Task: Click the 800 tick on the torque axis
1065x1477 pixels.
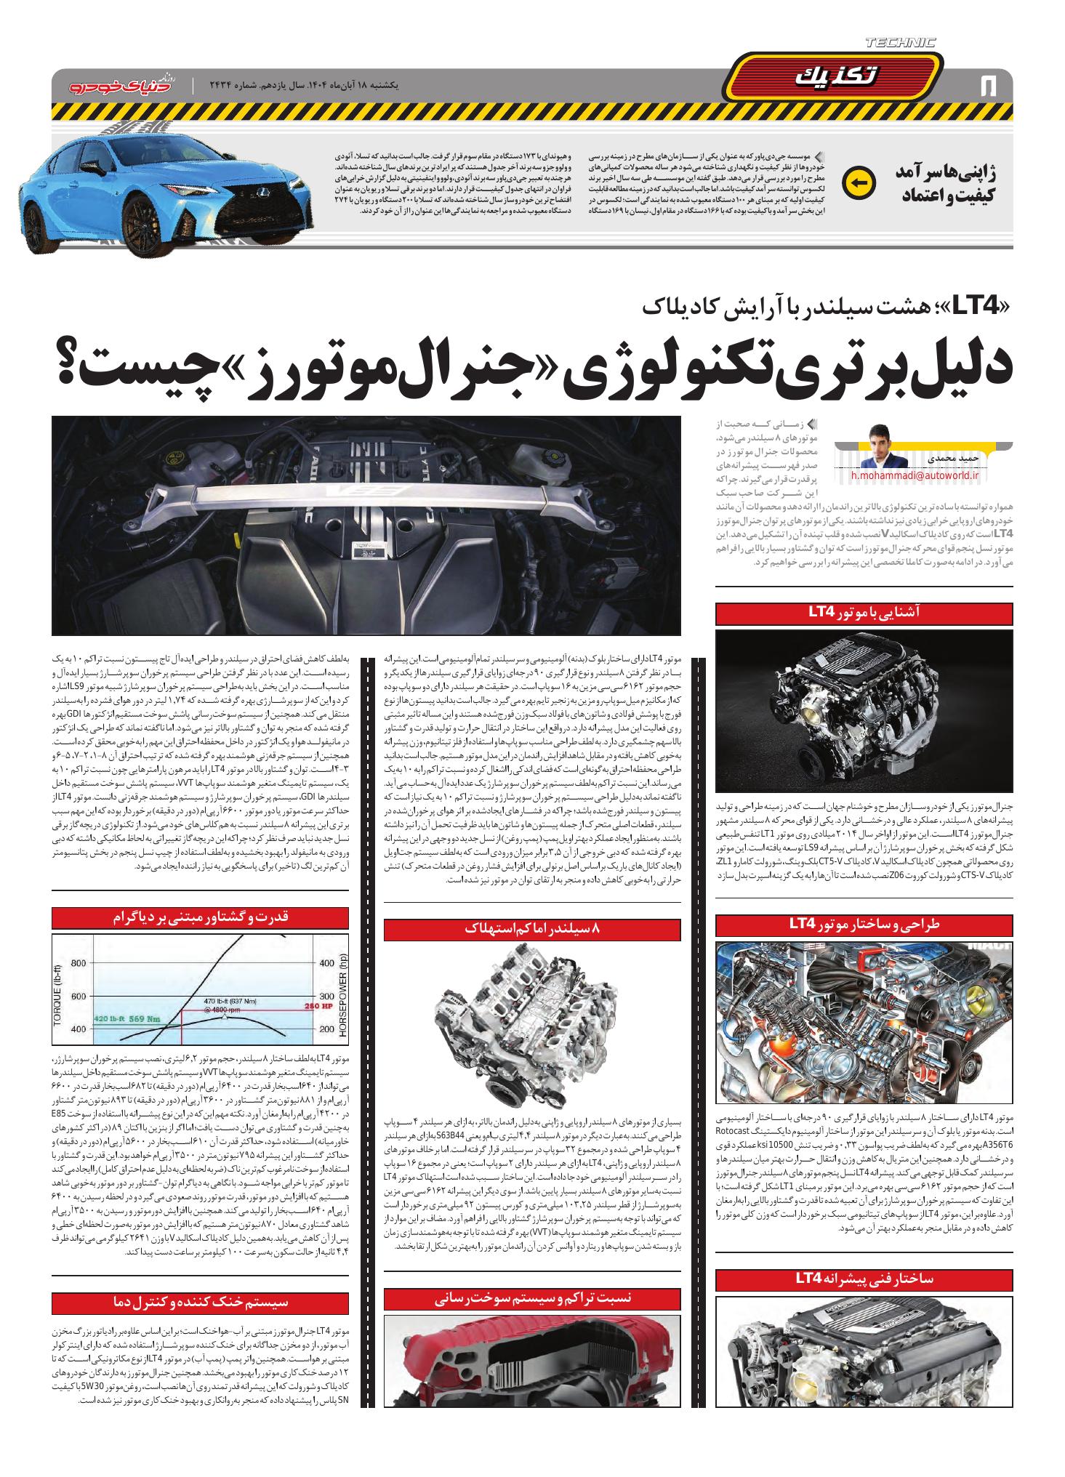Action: click(x=79, y=965)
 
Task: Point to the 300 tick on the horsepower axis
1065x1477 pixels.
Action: click(x=326, y=996)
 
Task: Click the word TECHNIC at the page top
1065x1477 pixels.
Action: click(x=901, y=43)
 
